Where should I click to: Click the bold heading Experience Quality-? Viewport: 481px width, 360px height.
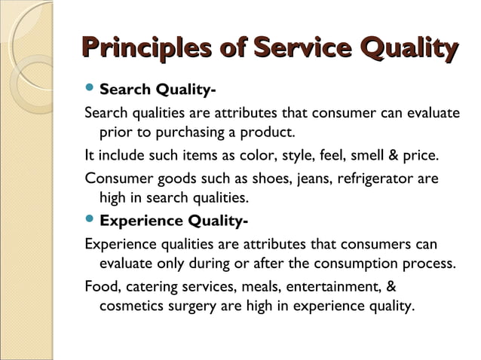[x=174, y=221]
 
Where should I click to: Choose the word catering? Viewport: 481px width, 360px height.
[x=149, y=287]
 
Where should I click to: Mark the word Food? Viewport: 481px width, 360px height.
[x=101, y=287]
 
